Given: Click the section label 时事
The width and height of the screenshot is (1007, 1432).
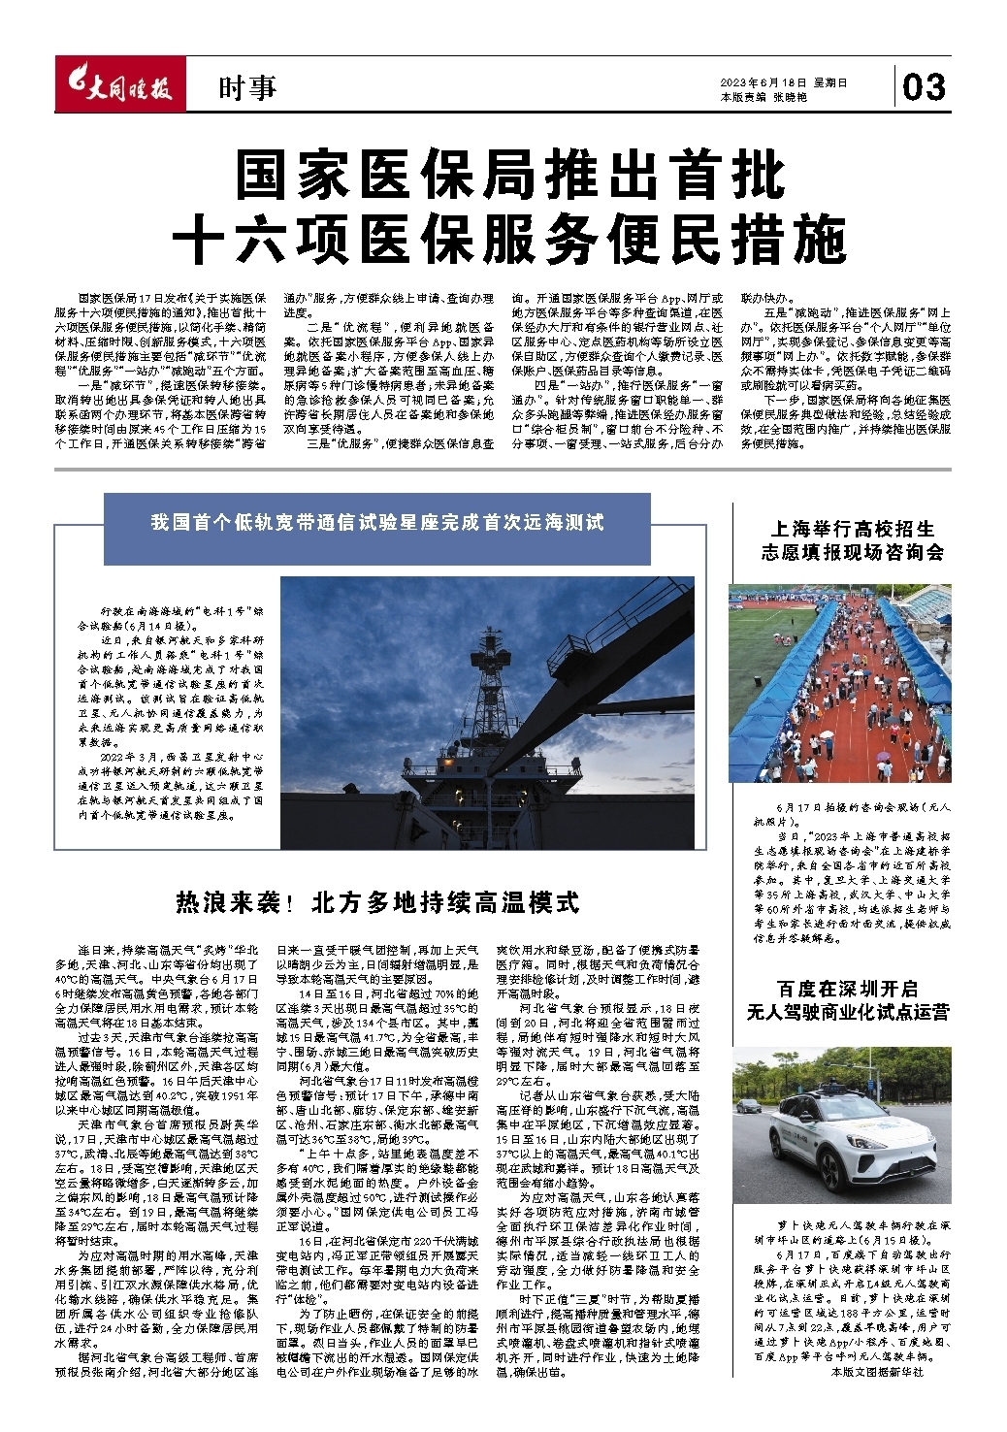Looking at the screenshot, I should pyautogui.click(x=247, y=89).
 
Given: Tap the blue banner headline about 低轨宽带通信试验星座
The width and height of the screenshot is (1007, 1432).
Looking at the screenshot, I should pyautogui.click(x=377, y=523).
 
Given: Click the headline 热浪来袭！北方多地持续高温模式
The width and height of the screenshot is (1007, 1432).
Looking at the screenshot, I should pyautogui.click(x=377, y=902).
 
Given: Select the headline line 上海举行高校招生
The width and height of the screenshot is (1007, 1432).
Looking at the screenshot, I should pyautogui.click(x=852, y=529).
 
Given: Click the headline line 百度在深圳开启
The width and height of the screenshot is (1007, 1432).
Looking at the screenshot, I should pyautogui.click(x=847, y=989).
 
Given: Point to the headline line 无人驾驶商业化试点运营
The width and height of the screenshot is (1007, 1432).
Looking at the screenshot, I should pyautogui.click(x=847, y=1012).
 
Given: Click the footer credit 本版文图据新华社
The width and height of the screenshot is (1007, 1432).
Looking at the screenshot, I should pyautogui.click(x=878, y=1372).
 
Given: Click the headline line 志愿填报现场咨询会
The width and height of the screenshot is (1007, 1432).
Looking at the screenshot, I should pyautogui.click(x=852, y=552).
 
